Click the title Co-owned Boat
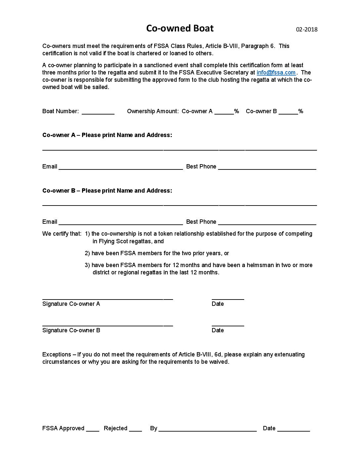point(180,28)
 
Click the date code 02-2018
point(306,29)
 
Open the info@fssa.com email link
point(276,72)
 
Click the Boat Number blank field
point(98,112)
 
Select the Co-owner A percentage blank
point(224,112)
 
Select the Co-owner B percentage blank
point(288,112)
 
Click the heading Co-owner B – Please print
point(107,191)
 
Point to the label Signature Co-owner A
point(71,304)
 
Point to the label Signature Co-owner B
point(71,330)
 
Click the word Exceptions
point(57,354)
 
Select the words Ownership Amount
point(153,111)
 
